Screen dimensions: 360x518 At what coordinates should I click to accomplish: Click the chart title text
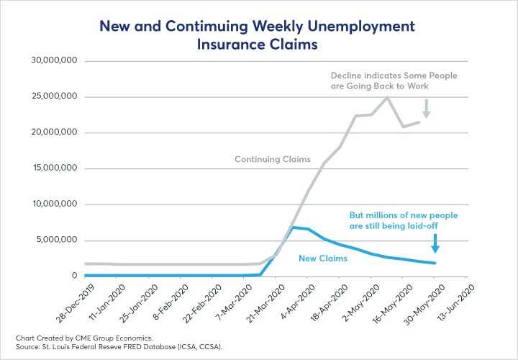[258, 36]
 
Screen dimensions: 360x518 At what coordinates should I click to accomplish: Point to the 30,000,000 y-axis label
[54, 61]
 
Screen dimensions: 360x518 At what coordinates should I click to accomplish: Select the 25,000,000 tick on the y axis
[54, 97]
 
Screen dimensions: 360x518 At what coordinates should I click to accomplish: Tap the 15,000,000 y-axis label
[54, 169]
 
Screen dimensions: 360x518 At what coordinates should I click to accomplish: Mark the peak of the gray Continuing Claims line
[388, 97]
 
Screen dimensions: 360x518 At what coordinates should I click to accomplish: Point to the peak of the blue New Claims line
[294, 228]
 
